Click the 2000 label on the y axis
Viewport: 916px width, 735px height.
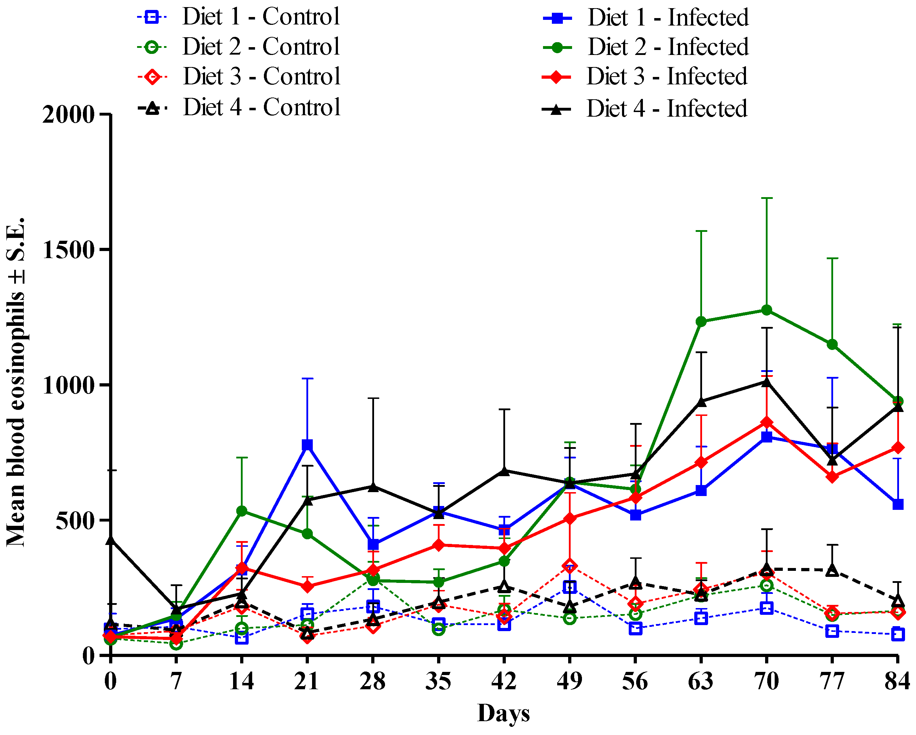click(68, 115)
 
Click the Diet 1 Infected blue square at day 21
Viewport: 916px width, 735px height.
click(307, 445)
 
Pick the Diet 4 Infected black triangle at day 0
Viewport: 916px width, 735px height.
click(111, 540)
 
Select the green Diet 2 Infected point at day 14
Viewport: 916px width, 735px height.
click(241, 511)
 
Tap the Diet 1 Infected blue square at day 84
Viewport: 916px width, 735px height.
click(898, 505)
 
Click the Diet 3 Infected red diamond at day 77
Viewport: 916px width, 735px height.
click(832, 477)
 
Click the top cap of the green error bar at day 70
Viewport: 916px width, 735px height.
click(767, 198)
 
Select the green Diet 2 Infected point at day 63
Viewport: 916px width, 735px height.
click(701, 322)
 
